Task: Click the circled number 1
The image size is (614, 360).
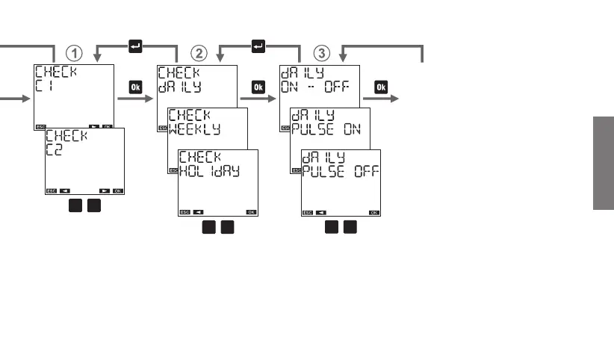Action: (x=75, y=53)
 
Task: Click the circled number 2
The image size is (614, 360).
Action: (x=199, y=53)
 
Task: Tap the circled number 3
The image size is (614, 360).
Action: (x=321, y=53)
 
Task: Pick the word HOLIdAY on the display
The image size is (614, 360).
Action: (x=208, y=171)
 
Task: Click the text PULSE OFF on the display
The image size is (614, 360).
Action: (x=339, y=171)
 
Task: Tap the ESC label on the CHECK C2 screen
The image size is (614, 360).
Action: (x=51, y=190)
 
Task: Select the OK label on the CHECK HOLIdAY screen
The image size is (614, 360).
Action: (x=251, y=212)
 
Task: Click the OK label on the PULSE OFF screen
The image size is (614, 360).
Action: (x=373, y=212)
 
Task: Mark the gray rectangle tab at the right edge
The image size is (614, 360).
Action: (x=604, y=164)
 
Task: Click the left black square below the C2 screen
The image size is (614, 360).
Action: (x=75, y=206)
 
